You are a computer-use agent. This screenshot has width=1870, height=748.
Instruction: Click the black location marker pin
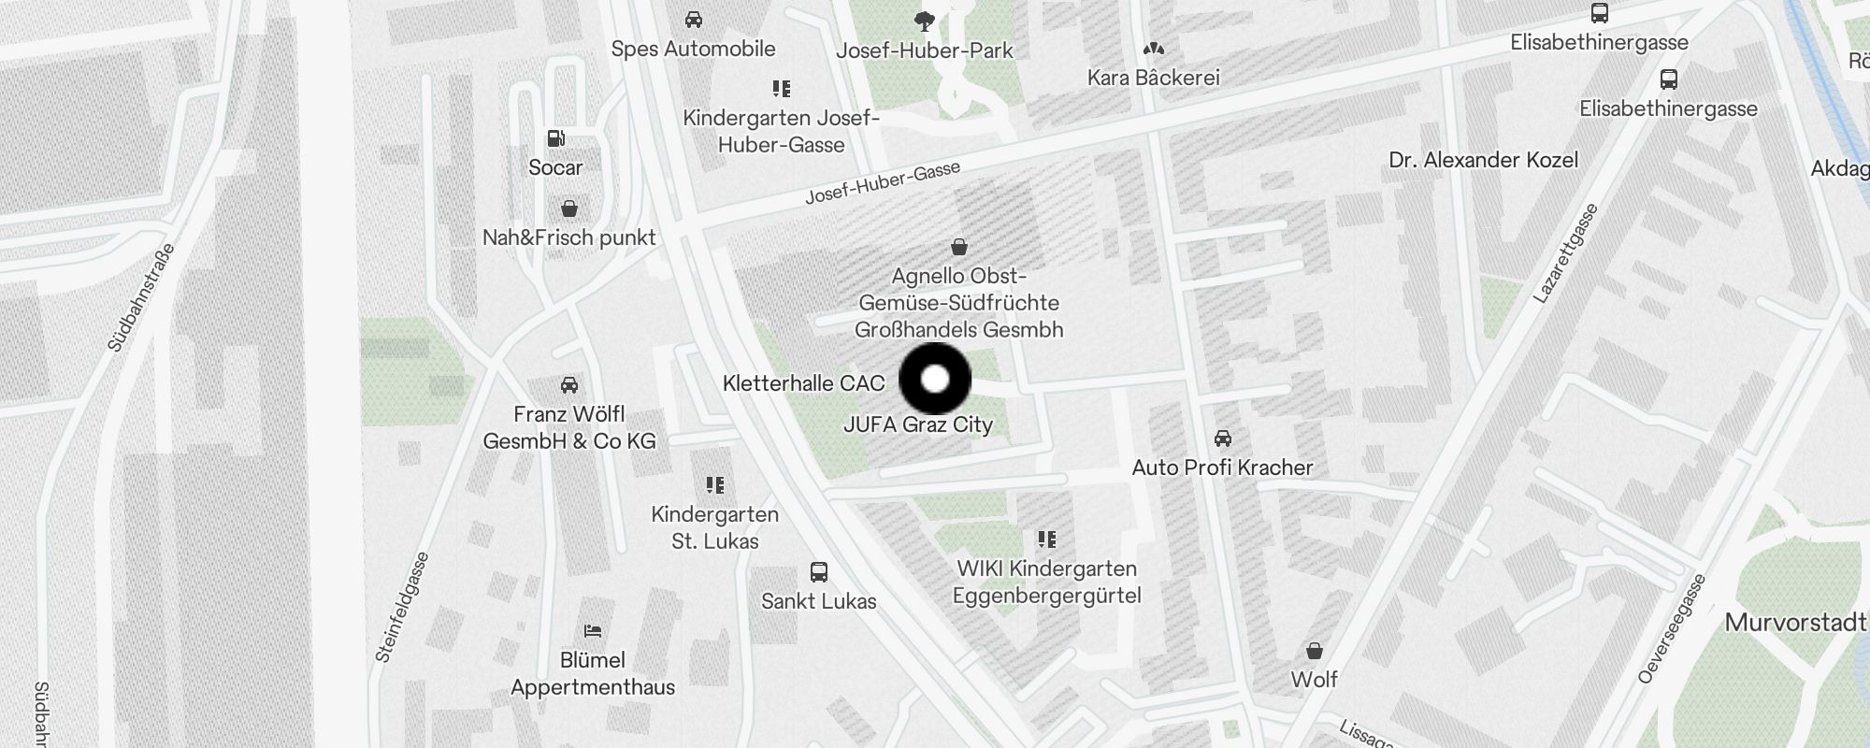pyautogui.click(x=935, y=379)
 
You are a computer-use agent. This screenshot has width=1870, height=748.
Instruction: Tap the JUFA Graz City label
pyautogui.click(x=917, y=424)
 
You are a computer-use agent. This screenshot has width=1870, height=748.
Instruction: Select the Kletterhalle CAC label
pyautogui.click(x=803, y=383)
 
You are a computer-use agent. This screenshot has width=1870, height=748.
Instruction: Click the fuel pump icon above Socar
pyautogui.click(x=556, y=138)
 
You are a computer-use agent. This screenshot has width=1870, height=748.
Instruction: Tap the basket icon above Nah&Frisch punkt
pyautogui.click(x=568, y=208)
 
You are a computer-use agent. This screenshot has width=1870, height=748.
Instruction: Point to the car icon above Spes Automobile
pyautogui.click(x=693, y=19)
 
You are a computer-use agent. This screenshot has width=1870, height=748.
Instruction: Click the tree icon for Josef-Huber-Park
pyautogui.click(x=925, y=21)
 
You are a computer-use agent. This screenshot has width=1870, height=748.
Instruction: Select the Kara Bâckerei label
pyautogui.click(x=1153, y=78)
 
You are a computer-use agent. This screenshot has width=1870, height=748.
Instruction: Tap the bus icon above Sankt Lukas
pyautogui.click(x=819, y=571)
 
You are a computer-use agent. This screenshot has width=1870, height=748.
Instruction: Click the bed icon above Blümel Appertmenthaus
pyautogui.click(x=592, y=631)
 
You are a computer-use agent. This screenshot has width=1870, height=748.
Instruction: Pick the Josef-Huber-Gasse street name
pyautogui.click(x=883, y=183)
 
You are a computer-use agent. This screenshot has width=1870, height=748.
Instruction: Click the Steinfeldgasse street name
pyautogui.click(x=402, y=608)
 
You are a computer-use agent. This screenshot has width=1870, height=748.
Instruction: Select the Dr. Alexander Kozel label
pyautogui.click(x=1483, y=160)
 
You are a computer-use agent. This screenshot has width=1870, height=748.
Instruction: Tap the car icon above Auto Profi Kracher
pyautogui.click(x=1222, y=438)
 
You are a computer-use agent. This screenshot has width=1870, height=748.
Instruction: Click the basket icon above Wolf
pyautogui.click(x=1314, y=650)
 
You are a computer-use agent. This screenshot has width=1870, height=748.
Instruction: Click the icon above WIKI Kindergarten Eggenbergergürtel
pyautogui.click(x=1046, y=539)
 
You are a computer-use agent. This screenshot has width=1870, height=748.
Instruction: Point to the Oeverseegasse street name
pyautogui.click(x=1672, y=628)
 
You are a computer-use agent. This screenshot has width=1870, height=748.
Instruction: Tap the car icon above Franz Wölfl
pyautogui.click(x=568, y=384)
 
